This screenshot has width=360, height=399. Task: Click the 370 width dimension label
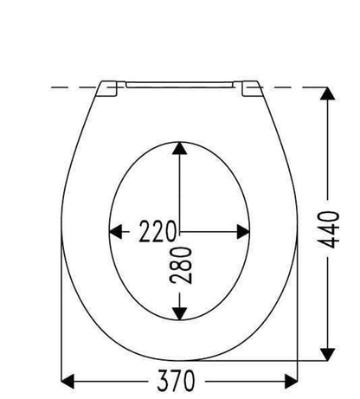coord(176,381)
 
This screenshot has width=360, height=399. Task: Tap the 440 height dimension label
coord(329,229)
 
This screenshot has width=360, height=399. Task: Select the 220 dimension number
coord(157,231)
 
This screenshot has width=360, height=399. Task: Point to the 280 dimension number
coord(181,265)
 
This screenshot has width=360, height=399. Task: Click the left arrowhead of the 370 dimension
coord(67,381)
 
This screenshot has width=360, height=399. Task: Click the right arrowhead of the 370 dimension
coord(291,381)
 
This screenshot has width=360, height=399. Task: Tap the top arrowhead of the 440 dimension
coord(327,93)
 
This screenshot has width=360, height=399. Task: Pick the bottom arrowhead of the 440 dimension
coord(327,354)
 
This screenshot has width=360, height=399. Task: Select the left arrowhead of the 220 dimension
coord(116,232)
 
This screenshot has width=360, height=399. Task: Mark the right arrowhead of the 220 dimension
coord(243,232)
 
